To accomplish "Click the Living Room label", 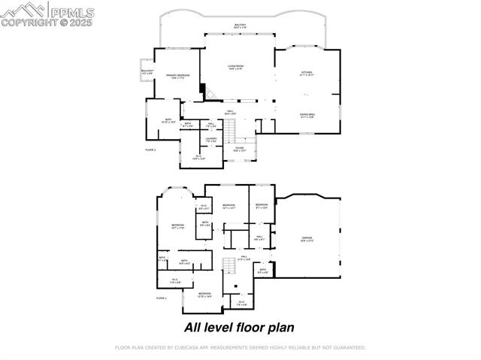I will [235, 68].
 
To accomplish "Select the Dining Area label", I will [307, 116].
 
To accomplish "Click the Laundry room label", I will [211, 140].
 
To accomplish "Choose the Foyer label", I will [239, 150].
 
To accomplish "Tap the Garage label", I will [307, 239].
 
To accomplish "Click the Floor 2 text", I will [150, 150].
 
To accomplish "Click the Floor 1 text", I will [161, 298].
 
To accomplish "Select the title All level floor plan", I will [239, 327].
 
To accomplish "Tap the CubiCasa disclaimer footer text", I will [240, 347].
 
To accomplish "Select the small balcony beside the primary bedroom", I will [147, 73].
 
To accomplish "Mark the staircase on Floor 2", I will [232, 129].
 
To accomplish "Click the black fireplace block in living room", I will [202, 89].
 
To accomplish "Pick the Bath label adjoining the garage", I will [263, 271].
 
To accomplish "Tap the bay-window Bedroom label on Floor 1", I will [177, 227].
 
